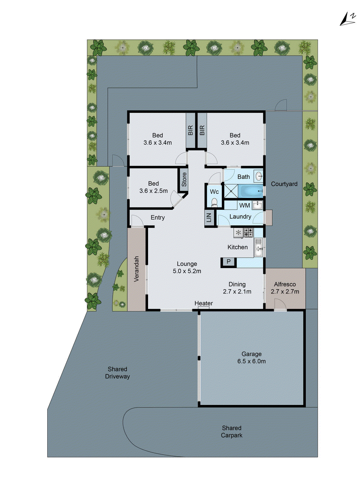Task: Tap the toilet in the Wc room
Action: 214,202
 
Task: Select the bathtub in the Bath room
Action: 250,191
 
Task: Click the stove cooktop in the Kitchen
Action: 248,232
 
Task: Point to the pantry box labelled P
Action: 228,262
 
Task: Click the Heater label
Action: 204,303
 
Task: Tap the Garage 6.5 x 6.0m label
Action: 251,357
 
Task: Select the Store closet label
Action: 184,179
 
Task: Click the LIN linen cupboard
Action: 209,217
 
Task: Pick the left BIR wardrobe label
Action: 190,130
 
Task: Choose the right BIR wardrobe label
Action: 202,130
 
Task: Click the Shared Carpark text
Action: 231,431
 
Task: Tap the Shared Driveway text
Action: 117,373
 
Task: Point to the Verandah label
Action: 136,269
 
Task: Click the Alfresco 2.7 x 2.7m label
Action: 285,288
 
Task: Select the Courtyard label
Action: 284,184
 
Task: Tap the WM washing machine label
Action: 244,206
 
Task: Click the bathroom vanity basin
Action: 259,176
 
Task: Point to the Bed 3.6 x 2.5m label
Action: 153,187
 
